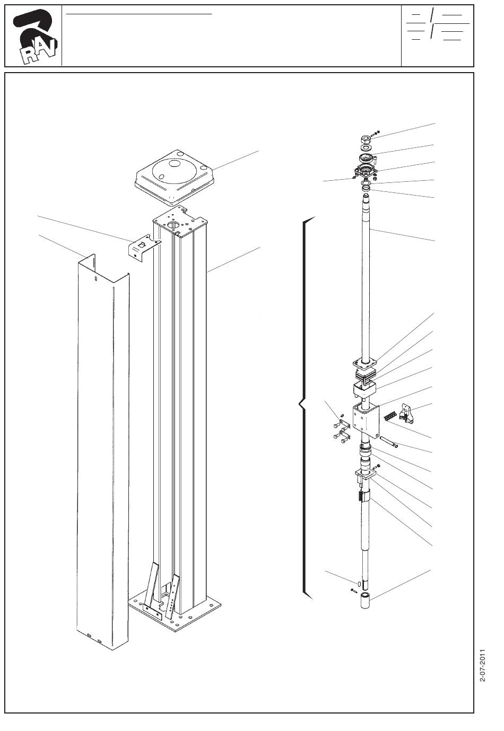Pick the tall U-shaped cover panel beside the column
pos(101,451)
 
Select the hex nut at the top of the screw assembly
pos(366,139)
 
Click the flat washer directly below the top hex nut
pos(366,148)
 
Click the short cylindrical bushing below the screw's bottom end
pos(366,603)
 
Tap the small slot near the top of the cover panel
pos(95,278)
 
